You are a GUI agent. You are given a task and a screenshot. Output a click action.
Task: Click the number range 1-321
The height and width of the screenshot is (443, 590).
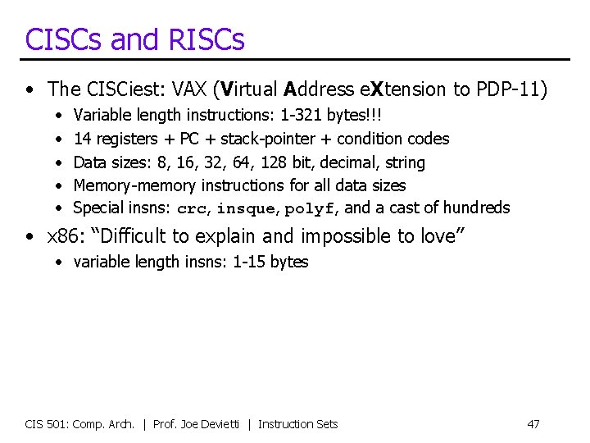coord(302,116)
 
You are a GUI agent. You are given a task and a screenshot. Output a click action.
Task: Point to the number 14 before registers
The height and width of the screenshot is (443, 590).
coord(83,139)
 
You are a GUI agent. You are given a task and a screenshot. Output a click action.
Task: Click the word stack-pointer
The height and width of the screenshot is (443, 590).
coord(266,139)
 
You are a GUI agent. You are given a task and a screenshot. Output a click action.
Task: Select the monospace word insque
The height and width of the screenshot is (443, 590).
coord(247,209)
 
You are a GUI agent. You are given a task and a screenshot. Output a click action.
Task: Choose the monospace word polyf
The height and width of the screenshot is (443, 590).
coord(310,209)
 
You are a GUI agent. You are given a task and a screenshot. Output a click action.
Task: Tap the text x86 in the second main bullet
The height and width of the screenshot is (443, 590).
coord(61,236)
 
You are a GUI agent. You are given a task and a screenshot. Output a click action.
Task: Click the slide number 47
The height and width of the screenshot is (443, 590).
coord(533,424)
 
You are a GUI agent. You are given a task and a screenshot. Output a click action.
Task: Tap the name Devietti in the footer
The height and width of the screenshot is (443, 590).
coord(224,424)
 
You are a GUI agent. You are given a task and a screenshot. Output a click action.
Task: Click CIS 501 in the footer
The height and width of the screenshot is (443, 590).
coord(46,424)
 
